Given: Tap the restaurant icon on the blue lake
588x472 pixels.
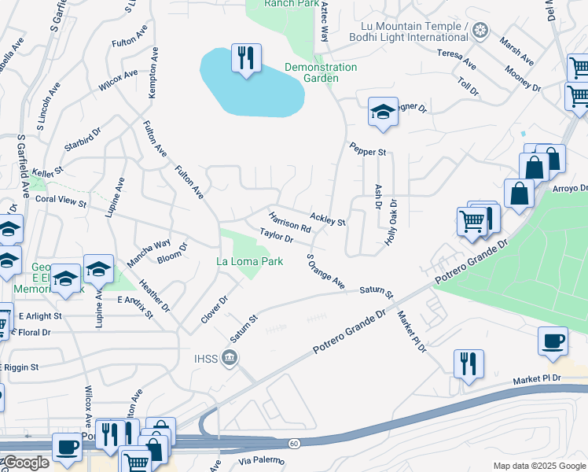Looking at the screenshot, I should [x=245, y=57].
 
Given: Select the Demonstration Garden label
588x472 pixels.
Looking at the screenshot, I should [x=321, y=72].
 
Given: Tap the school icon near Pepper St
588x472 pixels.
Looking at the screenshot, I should [x=383, y=112].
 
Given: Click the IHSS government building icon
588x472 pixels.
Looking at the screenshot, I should [x=230, y=360].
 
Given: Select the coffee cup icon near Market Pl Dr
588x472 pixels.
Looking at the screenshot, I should [x=553, y=341].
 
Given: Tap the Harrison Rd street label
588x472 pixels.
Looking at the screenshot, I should [x=290, y=222].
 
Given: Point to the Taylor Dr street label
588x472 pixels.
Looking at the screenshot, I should [x=276, y=234].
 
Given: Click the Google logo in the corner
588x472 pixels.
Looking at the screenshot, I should [x=25, y=463].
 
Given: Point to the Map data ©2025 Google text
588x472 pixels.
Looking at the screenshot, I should [x=538, y=466].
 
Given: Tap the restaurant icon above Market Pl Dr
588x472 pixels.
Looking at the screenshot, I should [x=468, y=363].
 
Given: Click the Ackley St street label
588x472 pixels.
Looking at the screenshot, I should [x=328, y=219].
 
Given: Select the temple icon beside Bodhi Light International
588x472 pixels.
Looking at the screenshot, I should [x=480, y=31].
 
